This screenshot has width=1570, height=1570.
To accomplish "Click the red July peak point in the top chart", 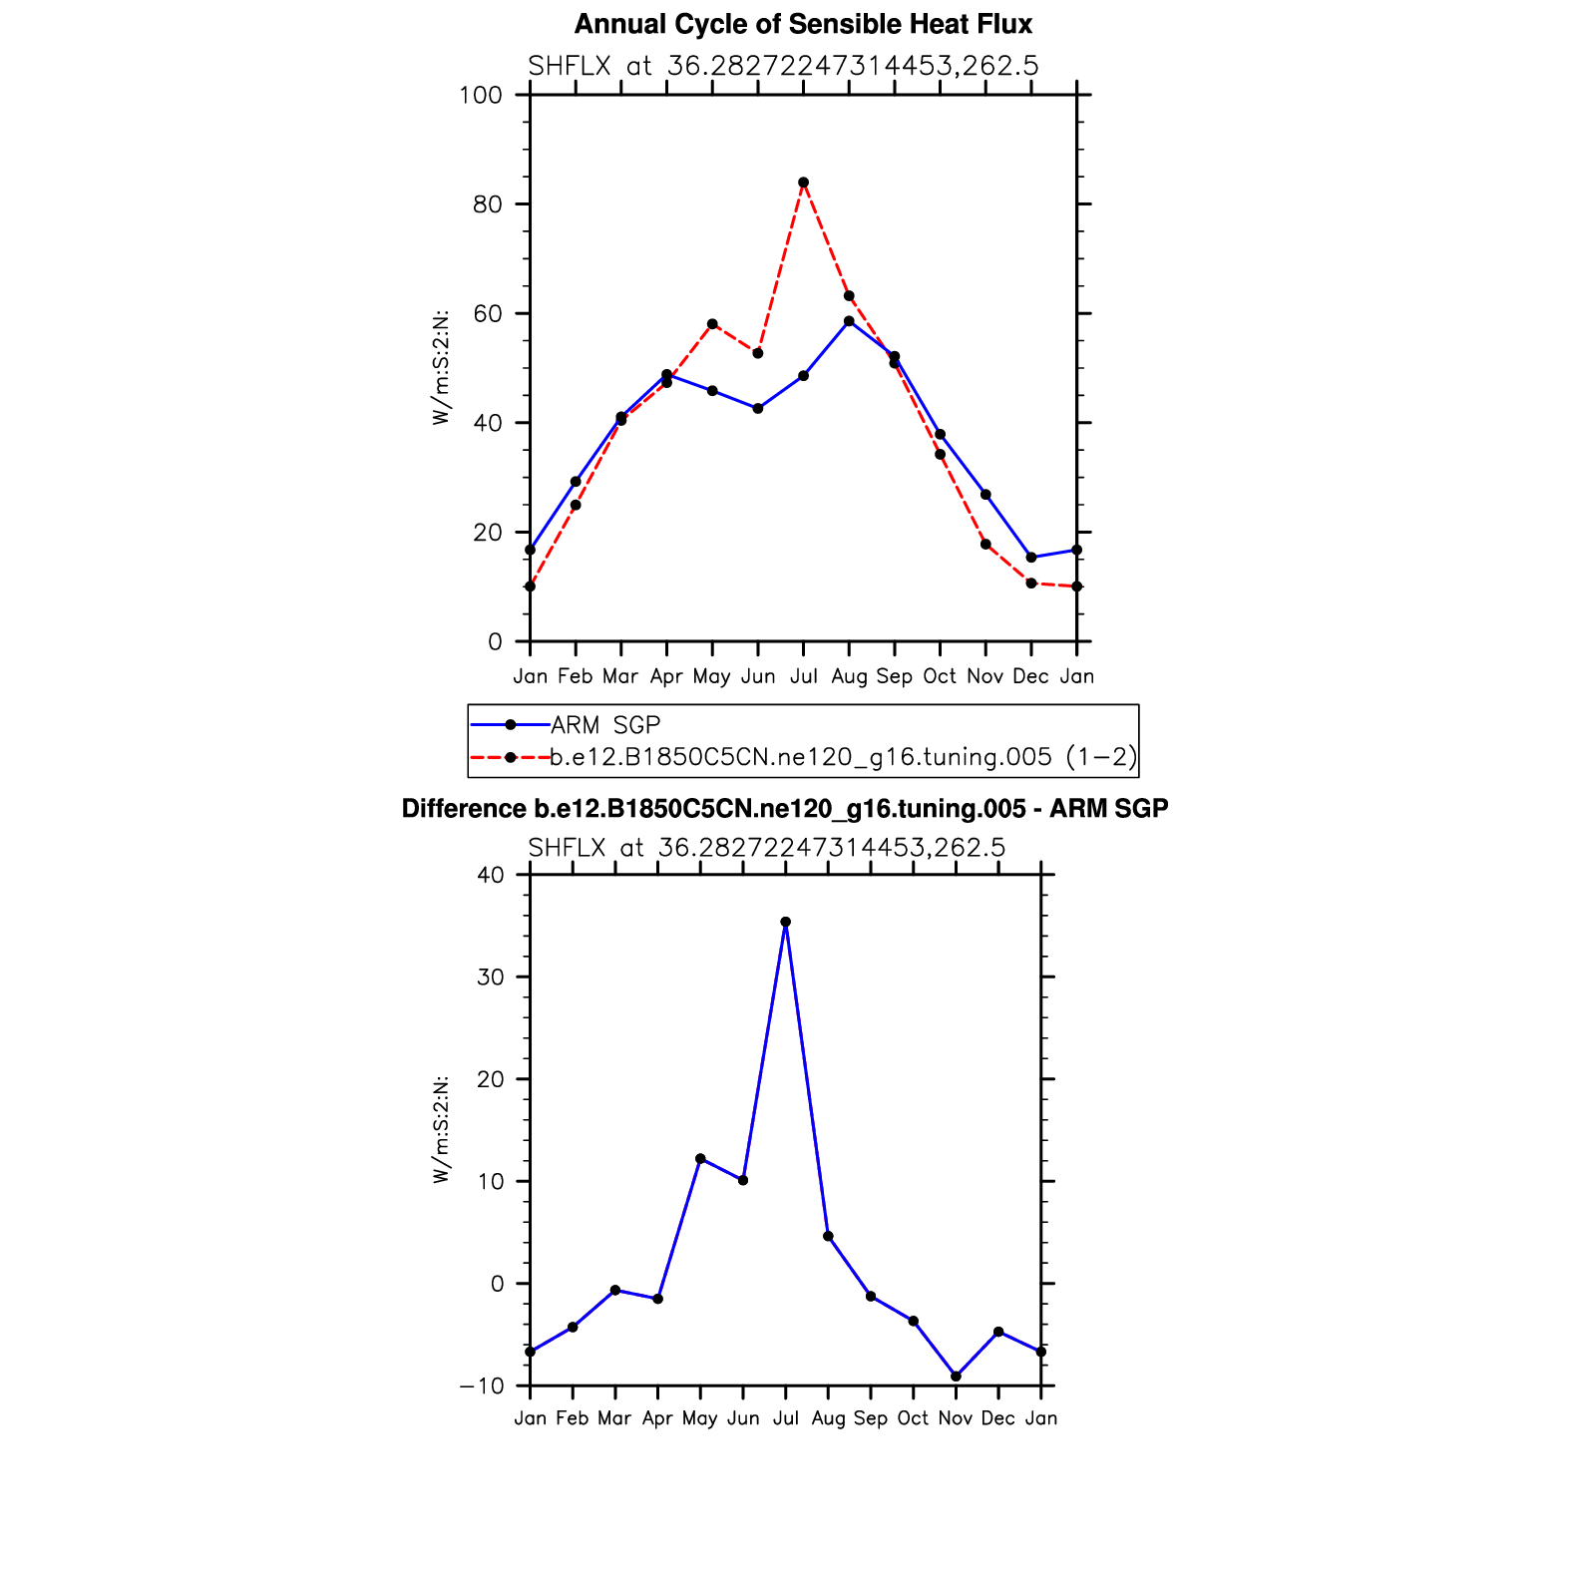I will (x=803, y=183).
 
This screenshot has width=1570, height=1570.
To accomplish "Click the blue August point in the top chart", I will (x=849, y=321).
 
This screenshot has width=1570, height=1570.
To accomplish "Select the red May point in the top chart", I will (x=712, y=324).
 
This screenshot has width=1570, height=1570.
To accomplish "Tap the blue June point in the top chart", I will (x=758, y=408).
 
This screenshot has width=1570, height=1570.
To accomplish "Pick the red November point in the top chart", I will (x=985, y=544).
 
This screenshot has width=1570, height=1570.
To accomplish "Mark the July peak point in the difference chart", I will (x=786, y=922).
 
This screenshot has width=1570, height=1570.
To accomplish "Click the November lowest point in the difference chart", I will (x=956, y=1376).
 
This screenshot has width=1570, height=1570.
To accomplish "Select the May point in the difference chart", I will (x=700, y=1159).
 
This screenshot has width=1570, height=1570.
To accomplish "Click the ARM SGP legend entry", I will (x=605, y=725).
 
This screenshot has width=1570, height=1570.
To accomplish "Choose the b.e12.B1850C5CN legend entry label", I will (x=844, y=757).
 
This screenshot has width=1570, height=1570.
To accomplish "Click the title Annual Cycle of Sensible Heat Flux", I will (x=803, y=24).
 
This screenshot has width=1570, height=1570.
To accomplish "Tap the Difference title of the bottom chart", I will (x=784, y=808).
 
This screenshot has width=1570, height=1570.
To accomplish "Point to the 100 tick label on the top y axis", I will (x=480, y=95).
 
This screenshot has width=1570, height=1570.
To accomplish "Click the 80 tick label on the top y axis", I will (x=488, y=204).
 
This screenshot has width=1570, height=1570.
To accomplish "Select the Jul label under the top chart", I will (x=803, y=676).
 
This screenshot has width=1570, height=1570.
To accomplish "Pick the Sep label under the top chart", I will (x=895, y=676).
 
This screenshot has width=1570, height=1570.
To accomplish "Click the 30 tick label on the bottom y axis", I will (x=491, y=978).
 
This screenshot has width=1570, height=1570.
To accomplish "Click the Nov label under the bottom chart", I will (x=956, y=1418).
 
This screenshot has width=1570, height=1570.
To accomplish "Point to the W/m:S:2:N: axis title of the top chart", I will (x=441, y=368).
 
